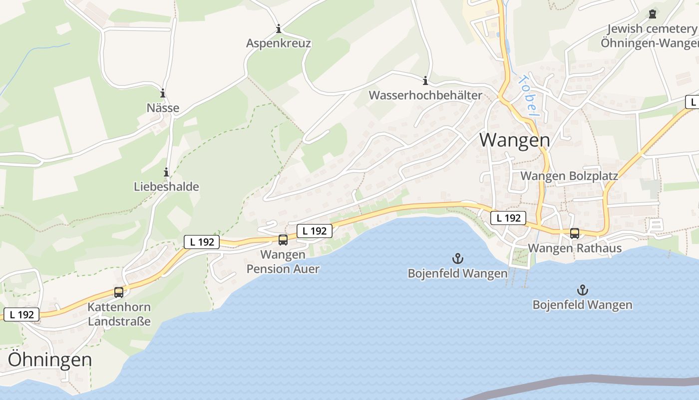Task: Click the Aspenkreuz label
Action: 279,43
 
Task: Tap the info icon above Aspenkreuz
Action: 279,28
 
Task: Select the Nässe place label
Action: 163,107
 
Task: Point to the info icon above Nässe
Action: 163,93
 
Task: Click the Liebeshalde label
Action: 166,186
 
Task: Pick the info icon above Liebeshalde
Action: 166,172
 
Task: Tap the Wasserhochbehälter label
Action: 425,95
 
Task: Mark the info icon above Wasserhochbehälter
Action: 425,80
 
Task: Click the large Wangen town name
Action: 515,140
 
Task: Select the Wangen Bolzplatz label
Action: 569,176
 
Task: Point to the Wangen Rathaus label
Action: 575,248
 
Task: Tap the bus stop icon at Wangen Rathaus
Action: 575,233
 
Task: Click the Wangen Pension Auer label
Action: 283,261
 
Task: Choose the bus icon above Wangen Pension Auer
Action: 283,240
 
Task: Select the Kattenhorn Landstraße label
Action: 119,313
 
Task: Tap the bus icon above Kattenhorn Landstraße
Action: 119,292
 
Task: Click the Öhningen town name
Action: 50,359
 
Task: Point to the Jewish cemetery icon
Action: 652,14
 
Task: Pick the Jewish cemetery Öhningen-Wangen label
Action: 651,36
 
